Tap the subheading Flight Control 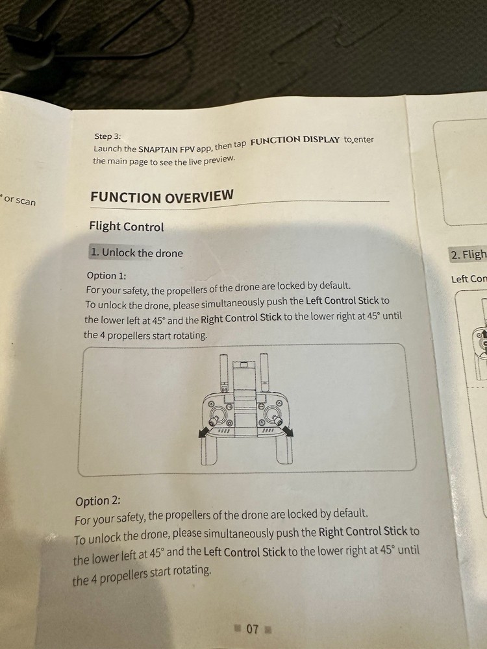127,227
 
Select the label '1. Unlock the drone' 136,252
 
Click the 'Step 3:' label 107,136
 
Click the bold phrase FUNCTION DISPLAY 295,140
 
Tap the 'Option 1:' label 106,276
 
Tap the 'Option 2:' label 98,501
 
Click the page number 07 252,629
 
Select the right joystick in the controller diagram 273,415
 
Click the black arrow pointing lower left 204,431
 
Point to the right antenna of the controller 264,372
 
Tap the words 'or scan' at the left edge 19,201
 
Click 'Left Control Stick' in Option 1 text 342,300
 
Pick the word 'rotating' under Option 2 191,570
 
